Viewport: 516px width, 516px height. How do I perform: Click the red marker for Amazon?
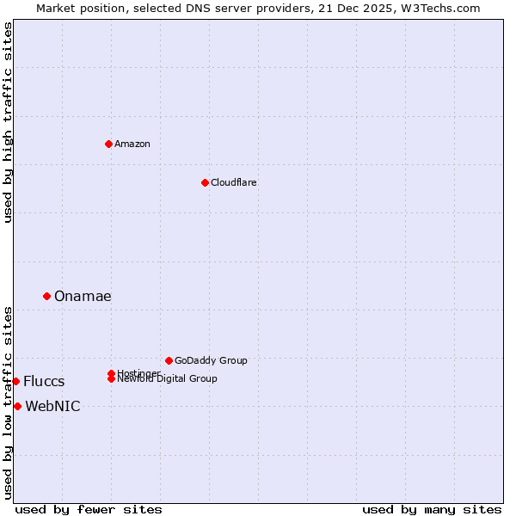click(x=108, y=144)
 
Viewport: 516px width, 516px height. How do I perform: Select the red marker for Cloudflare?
click(x=205, y=182)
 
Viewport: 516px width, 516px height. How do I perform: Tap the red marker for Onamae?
click(x=46, y=296)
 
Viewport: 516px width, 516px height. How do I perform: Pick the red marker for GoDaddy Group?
click(x=169, y=360)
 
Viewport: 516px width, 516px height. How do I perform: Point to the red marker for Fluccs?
click(x=15, y=381)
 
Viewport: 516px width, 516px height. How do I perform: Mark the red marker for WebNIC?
click(x=17, y=406)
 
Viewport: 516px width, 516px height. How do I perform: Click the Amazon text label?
click(x=132, y=144)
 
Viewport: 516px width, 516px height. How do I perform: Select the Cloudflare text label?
click(x=233, y=182)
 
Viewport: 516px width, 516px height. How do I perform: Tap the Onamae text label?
click(x=83, y=296)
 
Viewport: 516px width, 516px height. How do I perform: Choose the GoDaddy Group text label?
click(x=211, y=360)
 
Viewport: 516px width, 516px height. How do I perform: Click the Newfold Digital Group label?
click(x=167, y=379)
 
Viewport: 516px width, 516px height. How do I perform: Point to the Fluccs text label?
click(x=44, y=382)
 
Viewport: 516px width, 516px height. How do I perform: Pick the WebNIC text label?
click(x=52, y=407)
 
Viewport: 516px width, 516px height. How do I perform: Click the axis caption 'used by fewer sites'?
click(x=89, y=509)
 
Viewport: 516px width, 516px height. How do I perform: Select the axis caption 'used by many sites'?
click(x=432, y=509)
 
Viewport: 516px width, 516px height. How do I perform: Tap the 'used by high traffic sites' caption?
click(x=8, y=122)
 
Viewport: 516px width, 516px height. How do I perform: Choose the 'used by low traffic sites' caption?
click(x=8, y=402)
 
